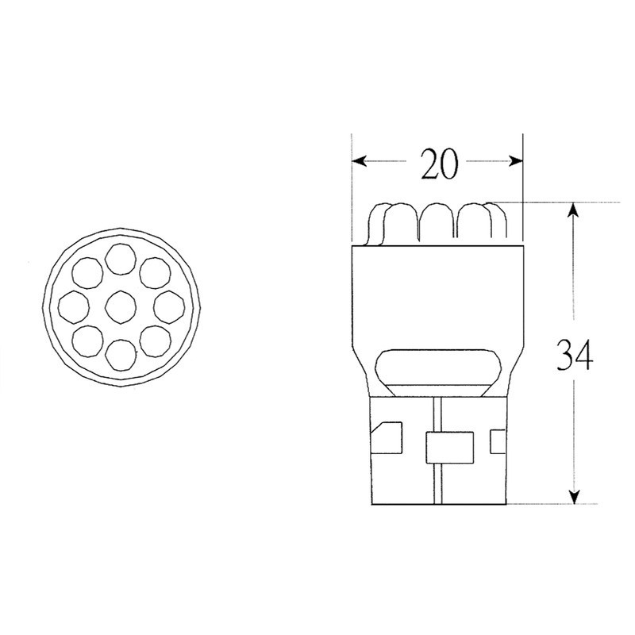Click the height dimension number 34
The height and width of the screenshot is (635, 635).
[573, 355]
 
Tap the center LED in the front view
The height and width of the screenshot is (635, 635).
[121, 306]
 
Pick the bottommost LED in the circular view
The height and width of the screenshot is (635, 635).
[121, 352]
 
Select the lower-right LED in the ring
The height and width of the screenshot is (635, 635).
[154, 339]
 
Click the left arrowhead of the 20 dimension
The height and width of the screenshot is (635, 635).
[359, 162]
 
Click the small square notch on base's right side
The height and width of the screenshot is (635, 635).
[498, 439]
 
